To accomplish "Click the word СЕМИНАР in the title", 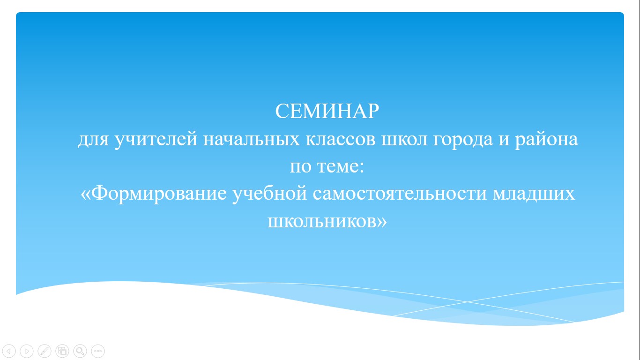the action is pyautogui.click(x=327, y=111).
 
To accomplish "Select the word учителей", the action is pyautogui.click(x=156, y=139).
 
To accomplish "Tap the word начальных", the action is pyautogui.click(x=252, y=139).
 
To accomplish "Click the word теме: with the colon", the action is pyautogui.click(x=341, y=167).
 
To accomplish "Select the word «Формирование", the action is pyautogui.click(x=153, y=194).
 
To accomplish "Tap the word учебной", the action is pyautogui.click(x=270, y=194).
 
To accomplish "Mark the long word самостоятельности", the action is pyautogui.click(x=400, y=194).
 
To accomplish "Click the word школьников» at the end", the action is pyautogui.click(x=327, y=222).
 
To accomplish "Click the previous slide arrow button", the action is pyautogui.click(x=9, y=351).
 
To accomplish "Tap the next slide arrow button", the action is pyautogui.click(x=27, y=351).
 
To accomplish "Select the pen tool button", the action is pyautogui.click(x=45, y=351).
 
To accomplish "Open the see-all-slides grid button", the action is pyautogui.click(x=62, y=351).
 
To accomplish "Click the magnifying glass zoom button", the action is pyautogui.click(x=80, y=351).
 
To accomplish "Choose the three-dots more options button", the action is pyautogui.click(x=98, y=351).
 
